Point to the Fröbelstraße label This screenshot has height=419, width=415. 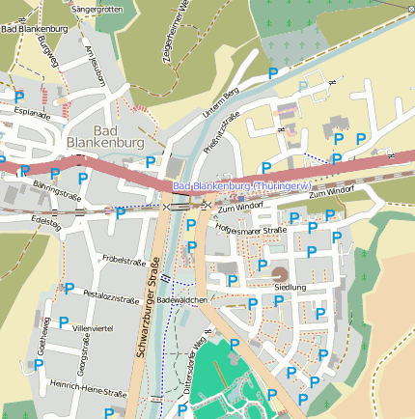tap(124, 261)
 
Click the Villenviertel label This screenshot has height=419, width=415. tap(94, 328)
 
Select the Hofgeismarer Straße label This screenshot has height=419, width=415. tap(251, 230)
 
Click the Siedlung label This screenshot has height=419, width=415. tap(290, 288)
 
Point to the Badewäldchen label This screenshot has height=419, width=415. tap(183, 300)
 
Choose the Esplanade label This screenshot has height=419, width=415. tap(31, 113)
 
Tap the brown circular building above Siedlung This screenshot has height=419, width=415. tap(278, 273)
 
